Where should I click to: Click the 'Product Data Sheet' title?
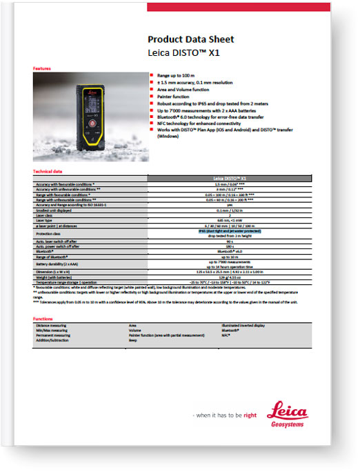[191, 39]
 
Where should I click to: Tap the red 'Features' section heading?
[42, 69]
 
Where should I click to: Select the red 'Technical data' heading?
[48, 171]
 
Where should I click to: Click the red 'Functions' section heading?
[43, 319]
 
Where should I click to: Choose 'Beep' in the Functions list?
[134, 340]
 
